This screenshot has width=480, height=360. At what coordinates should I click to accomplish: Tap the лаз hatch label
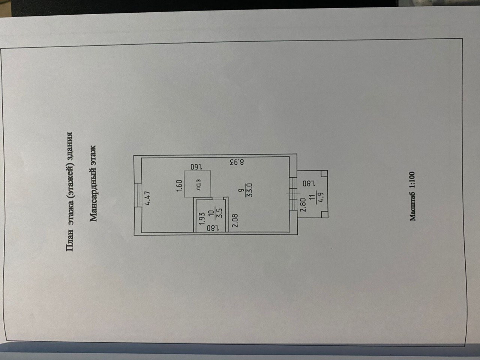tap(199, 184)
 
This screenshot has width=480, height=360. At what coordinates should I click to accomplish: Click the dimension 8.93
tap(236, 163)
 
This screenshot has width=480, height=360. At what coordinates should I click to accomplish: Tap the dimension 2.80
tap(303, 205)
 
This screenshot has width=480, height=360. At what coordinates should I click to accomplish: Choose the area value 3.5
tap(221, 213)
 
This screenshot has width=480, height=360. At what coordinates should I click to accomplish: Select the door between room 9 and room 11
tap(293, 193)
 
